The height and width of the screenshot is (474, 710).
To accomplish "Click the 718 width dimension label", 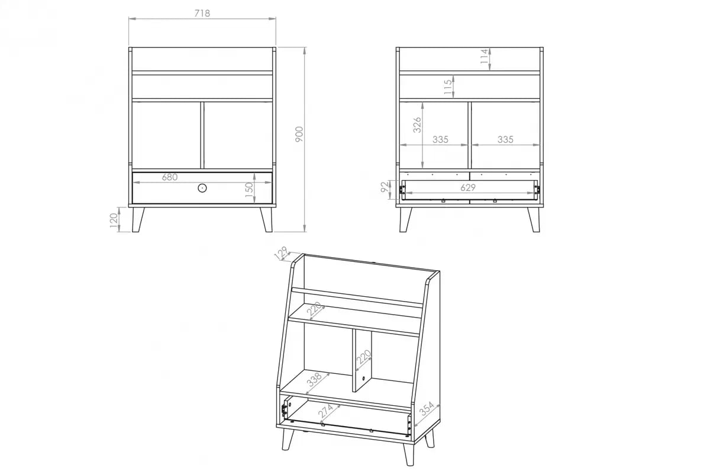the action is click(202, 14).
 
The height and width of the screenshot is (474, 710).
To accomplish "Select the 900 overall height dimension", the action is click(299, 134).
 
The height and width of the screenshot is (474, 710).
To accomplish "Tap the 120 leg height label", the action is click(114, 220).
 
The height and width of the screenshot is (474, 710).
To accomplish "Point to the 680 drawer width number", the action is click(170, 177).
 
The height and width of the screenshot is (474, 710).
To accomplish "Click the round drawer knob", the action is click(202, 188).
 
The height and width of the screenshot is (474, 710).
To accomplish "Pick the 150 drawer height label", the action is click(250, 190).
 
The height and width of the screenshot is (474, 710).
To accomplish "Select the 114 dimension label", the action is click(484, 56).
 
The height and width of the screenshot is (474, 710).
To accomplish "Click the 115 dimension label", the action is click(447, 87).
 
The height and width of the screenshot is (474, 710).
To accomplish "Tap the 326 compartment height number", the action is click(417, 125).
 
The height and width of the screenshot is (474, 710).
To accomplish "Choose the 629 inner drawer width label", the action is click(468, 188).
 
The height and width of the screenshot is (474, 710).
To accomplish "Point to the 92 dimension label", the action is click(384, 187).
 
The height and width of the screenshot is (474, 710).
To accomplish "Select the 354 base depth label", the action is click(427, 409).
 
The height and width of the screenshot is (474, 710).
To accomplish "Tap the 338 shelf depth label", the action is click(315, 379).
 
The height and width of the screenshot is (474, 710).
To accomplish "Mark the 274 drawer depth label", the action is click(325, 411).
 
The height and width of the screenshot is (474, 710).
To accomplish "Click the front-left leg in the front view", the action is click(138, 220).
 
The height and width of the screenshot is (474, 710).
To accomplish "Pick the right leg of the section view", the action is click(534, 220).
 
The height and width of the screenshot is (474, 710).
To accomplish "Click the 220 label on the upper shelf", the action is click(314, 309).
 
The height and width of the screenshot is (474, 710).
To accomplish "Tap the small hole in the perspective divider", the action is click(363, 379).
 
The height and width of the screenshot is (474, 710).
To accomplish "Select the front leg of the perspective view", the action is click(409, 454).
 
